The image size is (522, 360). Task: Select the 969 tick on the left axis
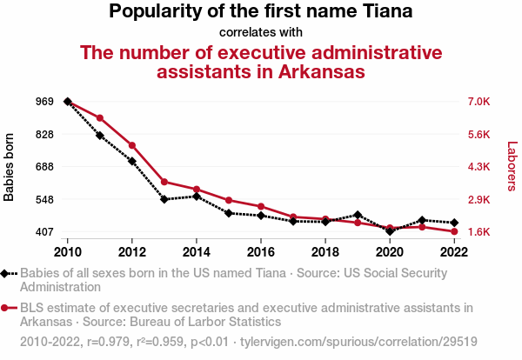(x=20, y=102)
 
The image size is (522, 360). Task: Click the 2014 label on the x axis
(x=197, y=251)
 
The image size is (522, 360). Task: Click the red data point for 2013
(x=164, y=182)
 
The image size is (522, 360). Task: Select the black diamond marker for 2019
(x=358, y=215)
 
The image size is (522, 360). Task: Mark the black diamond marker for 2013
(x=164, y=199)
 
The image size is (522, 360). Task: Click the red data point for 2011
(x=100, y=118)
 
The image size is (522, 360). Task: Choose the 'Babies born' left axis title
(x=10, y=167)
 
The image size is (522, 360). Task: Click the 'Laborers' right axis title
(x=512, y=167)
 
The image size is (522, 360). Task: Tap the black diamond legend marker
(x=7, y=273)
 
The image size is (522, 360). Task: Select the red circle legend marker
(x=7, y=308)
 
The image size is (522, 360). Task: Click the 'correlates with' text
(x=261, y=32)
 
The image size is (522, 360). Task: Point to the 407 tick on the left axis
(x=20, y=232)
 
